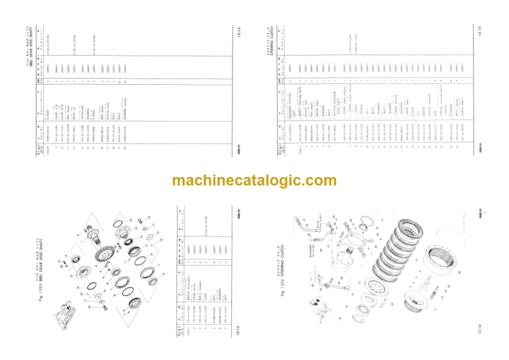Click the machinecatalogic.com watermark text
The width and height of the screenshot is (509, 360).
[254, 180]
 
